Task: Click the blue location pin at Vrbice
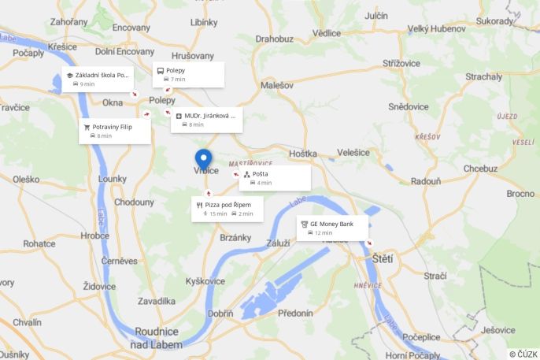coord(204,158)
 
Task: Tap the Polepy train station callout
coord(188,75)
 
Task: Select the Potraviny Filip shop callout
coord(114,131)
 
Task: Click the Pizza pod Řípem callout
coord(227,209)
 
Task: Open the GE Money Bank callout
coord(331,228)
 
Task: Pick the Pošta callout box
coord(275,178)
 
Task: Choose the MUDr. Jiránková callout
coord(206,120)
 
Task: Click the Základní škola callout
coord(97,79)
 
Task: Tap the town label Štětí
coord(382,258)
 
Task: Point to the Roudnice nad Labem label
coord(158,338)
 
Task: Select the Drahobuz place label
coord(274,38)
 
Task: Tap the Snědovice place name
coord(409,106)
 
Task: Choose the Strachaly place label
coord(483,76)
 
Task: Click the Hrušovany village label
coord(192,56)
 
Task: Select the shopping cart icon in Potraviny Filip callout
coord(87,127)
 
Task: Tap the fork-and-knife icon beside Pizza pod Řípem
coord(199,205)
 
